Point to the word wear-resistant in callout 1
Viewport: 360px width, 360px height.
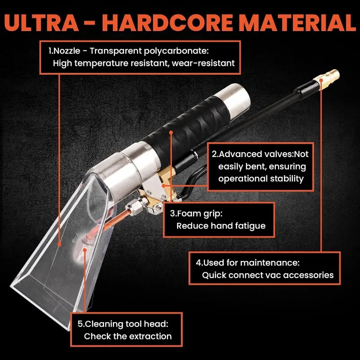[x=206, y=63]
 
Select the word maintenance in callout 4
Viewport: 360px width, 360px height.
[x=274, y=262]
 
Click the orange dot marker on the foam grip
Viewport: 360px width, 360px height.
[x=171, y=132]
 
